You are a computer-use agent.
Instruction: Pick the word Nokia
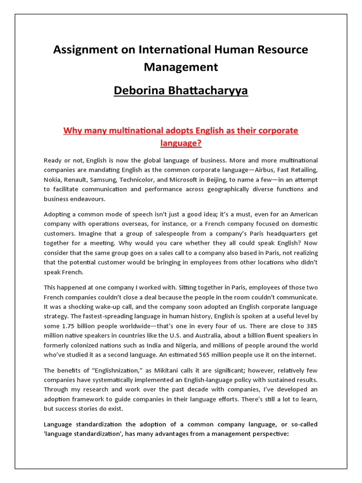52,179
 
